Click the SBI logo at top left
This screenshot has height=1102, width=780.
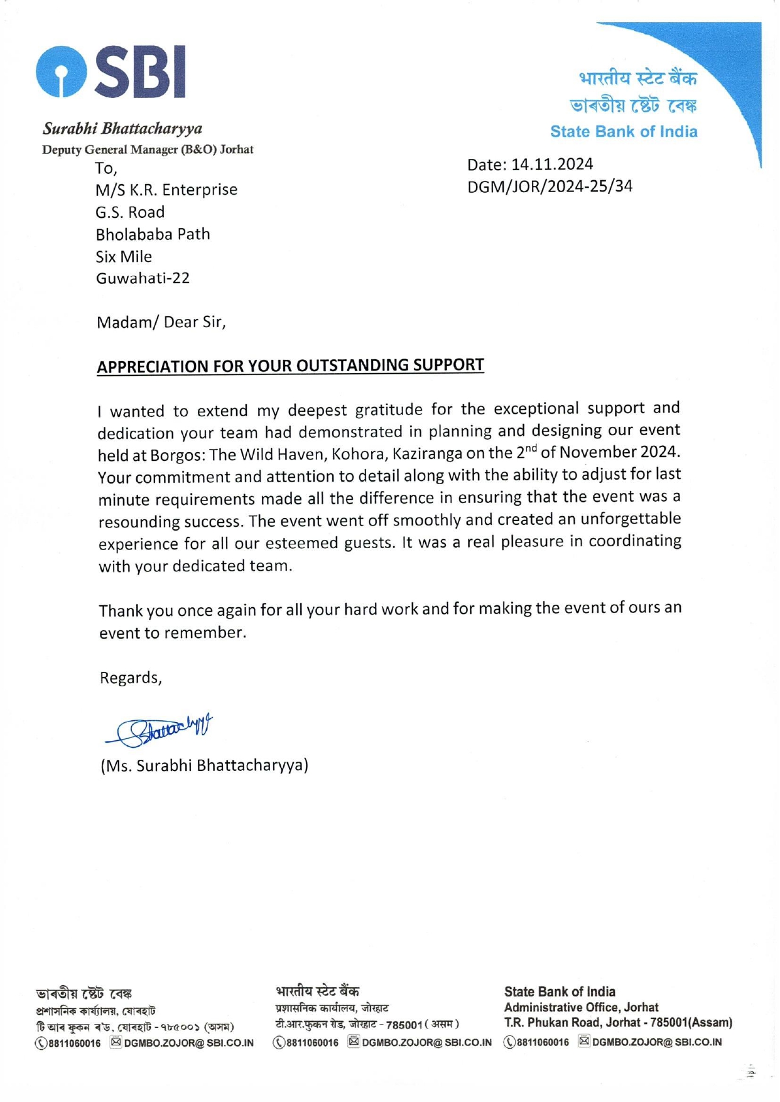click(111, 72)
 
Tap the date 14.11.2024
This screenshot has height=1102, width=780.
click(551, 165)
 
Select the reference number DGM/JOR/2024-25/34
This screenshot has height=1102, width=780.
click(550, 186)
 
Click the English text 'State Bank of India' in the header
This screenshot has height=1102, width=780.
click(623, 132)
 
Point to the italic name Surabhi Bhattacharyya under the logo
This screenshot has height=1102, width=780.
click(122, 129)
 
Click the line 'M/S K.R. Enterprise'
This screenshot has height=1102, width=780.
click(166, 190)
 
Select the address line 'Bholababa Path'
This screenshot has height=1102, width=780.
click(153, 234)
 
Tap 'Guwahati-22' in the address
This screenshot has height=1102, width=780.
click(143, 278)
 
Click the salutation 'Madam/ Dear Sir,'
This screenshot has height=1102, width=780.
click(161, 322)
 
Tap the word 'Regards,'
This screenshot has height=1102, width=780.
click(131, 678)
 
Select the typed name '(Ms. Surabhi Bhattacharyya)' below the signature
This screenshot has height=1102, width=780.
click(204, 765)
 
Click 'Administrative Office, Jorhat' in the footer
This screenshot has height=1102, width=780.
click(581, 1007)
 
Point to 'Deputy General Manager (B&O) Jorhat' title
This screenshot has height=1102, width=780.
click(148, 149)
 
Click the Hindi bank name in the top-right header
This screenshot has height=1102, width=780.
click(637, 79)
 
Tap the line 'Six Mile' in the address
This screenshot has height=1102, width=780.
click(124, 256)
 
